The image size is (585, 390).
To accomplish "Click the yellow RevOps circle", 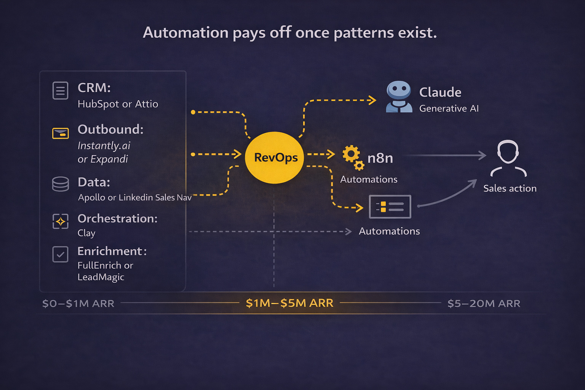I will tap(275, 157).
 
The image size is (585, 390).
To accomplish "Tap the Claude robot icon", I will tap(399, 97).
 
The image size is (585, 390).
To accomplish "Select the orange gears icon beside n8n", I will tap(353, 157).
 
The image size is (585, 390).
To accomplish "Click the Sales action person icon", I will tap(508, 158).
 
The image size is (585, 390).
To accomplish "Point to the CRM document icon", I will tap(60, 91).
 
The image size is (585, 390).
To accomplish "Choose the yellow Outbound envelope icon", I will tap(60, 133).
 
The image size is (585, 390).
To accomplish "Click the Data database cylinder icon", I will tap(60, 184).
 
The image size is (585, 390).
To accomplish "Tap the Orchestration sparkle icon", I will tap(60, 221).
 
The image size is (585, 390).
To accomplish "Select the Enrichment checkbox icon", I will tap(60, 254).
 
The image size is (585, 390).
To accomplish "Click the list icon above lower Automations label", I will tap(390, 206).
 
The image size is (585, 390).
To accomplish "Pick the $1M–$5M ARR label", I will tap(289, 303).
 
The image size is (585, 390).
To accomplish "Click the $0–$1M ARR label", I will tap(78, 304).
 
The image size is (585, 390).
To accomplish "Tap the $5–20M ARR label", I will tap(484, 304).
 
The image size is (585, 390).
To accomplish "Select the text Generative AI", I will tap(449, 109).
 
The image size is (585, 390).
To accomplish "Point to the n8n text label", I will tap(380, 158).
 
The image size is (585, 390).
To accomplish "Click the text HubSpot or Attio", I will tap(118, 104).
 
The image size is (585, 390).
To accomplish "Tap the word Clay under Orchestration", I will tap(86, 233).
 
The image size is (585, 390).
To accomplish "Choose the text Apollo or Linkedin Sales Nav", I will tap(134, 197).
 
